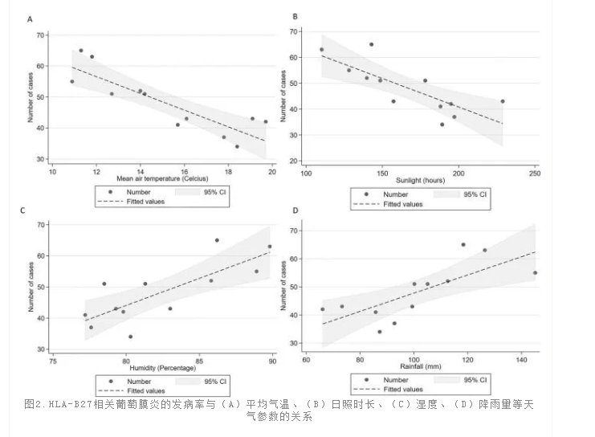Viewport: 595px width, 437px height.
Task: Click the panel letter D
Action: pos(295,211)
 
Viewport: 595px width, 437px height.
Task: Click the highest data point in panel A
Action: pos(80,51)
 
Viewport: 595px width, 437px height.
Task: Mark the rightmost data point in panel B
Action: pos(503,101)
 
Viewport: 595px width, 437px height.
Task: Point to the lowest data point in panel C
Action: pos(130,337)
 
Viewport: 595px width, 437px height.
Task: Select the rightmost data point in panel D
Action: pos(535,273)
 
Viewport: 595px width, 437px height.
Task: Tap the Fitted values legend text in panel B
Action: pos(401,204)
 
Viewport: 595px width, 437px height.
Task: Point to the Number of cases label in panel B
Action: pos(283,90)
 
